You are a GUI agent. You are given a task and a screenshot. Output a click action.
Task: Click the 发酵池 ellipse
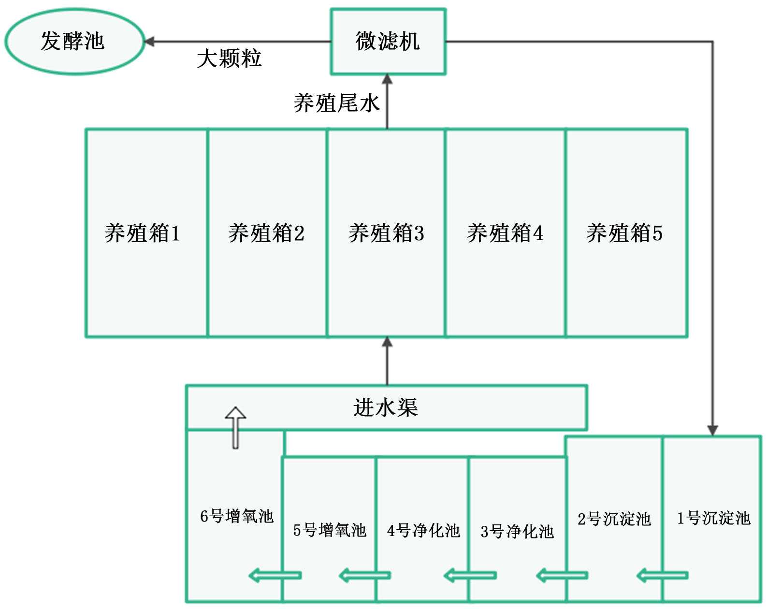coord(73,41)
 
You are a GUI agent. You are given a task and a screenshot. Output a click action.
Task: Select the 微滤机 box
coord(388,41)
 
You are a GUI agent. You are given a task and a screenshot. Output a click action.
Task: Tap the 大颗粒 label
coord(229,59)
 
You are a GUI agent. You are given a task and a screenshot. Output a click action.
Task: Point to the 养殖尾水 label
coord(336,103)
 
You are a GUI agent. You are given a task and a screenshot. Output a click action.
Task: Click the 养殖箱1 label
coord(142,233)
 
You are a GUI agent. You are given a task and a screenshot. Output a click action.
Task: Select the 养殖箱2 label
coord(266,233)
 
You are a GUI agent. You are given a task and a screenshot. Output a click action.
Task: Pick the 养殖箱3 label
coord(386,233)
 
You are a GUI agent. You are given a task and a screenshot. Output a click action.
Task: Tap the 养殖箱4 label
coord(505,233)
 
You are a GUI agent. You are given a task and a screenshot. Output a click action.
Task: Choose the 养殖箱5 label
coord(624,233)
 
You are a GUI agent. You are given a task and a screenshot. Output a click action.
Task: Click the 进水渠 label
coord(385,407)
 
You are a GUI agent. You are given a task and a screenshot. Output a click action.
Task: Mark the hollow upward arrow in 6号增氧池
coord(235,427)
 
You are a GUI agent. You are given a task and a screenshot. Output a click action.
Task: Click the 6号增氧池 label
coord(237,516)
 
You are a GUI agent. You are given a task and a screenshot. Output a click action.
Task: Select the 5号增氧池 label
coord(330,530)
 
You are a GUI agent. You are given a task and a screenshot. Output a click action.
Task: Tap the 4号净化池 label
coord(423,531)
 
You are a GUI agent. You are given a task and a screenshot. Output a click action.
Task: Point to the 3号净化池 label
coord(517,532)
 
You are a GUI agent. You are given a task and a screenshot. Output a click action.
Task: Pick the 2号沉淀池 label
coord(614,519)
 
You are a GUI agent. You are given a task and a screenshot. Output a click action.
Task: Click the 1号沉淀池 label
coord(713,518)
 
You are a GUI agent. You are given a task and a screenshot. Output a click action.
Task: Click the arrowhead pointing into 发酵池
coord(149,42)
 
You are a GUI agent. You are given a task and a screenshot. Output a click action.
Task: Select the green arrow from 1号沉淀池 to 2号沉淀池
coord(662,575)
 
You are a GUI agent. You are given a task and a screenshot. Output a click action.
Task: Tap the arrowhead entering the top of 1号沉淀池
coord(712,430)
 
